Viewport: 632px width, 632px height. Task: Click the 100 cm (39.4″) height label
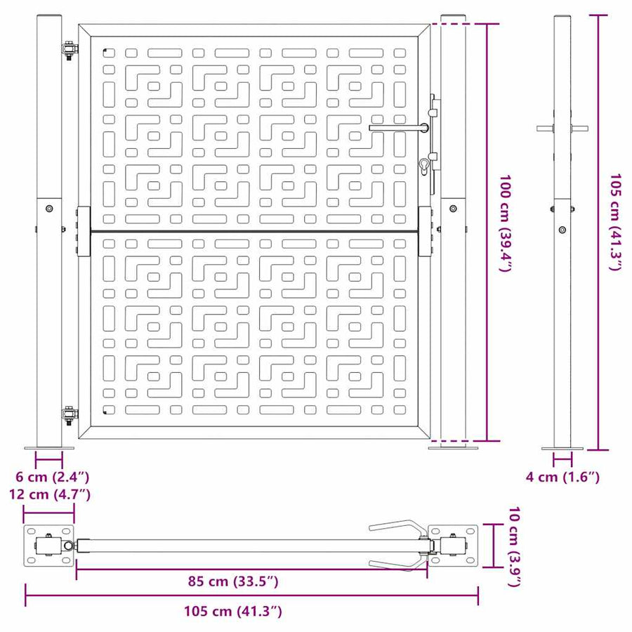click(506, 223)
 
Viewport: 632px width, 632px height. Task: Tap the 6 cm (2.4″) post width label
click(53, 477)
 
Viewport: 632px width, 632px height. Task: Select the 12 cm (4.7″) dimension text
click(50, 494)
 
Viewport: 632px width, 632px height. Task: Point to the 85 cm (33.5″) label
click(233, 581)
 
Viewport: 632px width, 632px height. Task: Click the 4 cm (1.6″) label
click(562, 477)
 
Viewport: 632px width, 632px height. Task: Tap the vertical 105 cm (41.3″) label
click(615, 222)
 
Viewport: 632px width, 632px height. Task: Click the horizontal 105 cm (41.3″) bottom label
click(233, 611)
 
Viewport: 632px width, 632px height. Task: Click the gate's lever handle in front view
click(399, 128)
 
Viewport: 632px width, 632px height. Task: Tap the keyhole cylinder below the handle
click(424, 167)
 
